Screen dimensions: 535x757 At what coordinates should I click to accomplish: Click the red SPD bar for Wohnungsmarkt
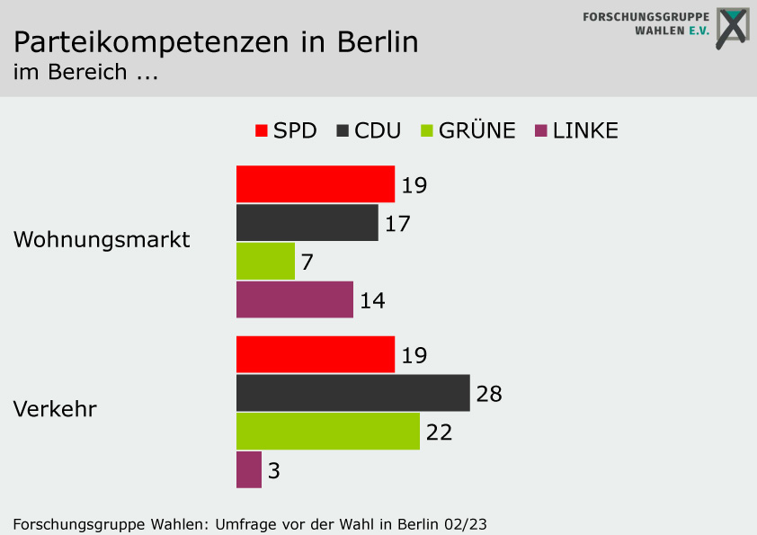[x=315, y=184]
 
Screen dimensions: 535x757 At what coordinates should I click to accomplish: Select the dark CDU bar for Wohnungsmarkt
[x=307, y=223]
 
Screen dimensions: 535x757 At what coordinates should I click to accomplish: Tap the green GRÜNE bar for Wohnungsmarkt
[x=265, y=261]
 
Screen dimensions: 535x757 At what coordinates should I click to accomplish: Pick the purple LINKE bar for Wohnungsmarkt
[x=294, y=299]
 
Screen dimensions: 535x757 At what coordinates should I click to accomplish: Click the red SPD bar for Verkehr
[x=315, y=354]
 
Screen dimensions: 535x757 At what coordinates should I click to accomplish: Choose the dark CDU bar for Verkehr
[x=352, y=393]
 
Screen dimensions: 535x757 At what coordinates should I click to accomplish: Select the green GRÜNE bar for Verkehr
[x=327, y=431]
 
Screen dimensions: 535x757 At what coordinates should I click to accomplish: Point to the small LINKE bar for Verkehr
[x=249, y=469]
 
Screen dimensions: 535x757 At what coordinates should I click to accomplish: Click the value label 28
[x=489, y=394]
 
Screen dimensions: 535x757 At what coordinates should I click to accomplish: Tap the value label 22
[x=439, y=432]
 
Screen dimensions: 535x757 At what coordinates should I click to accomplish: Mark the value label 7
[x=307, y=262]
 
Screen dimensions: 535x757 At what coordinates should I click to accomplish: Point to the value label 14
[x=372, y=300]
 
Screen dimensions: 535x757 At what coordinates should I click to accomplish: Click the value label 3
[x=274, y=470]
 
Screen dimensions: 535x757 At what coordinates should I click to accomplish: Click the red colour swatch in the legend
[x=262, y=130]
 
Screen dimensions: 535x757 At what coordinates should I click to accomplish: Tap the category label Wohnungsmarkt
[x=102, y=240]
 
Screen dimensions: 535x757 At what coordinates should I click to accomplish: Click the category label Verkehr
[x=55, y=409]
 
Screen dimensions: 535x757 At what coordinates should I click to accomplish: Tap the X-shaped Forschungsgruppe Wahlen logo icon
[x=731, y=28]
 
